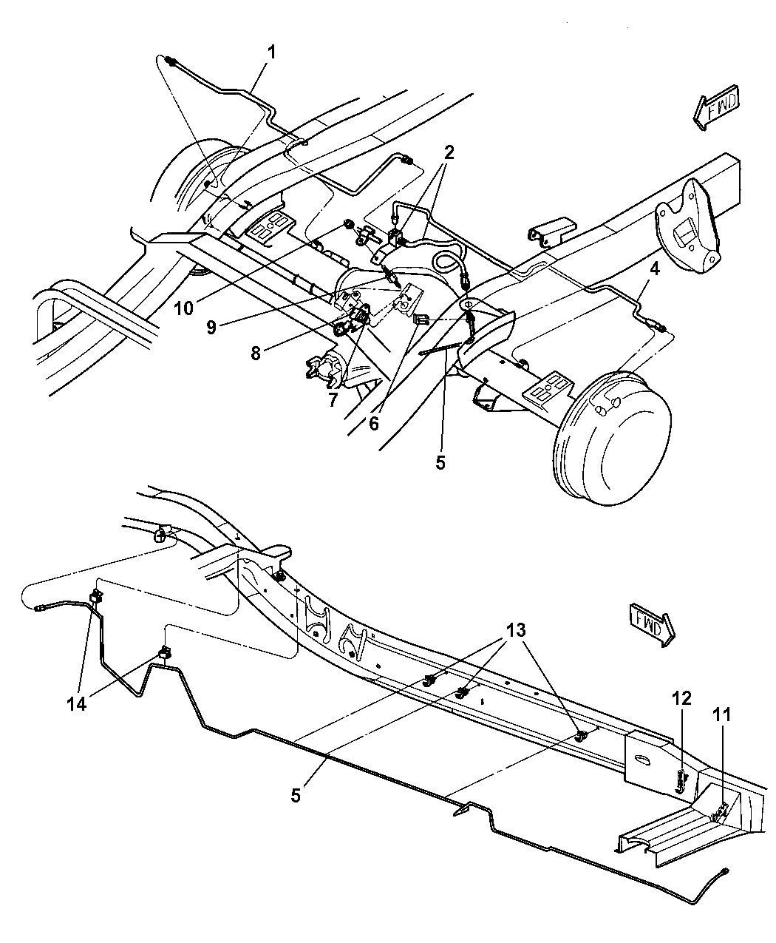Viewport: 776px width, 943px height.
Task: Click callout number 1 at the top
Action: [x=272, y=53]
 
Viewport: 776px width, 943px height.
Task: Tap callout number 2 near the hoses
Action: [x=449, y=152]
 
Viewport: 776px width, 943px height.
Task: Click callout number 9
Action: [x=211, y=327]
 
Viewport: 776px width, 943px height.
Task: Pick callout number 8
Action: [x=256, y=354]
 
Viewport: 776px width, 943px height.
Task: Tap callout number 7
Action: [x=333, y=400]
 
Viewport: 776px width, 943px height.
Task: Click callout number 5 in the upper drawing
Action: [x=440, y=463]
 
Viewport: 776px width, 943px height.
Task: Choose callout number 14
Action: [x=77, y=703]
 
